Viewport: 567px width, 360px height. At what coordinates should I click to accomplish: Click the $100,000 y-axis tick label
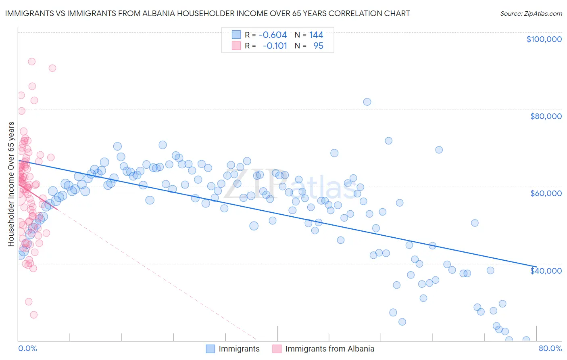544,39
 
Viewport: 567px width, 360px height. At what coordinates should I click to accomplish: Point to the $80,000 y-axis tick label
546,116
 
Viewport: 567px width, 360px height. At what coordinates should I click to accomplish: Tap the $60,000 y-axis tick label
546,193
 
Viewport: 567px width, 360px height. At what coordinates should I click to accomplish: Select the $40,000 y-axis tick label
546,271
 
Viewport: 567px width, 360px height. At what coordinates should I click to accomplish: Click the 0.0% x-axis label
28,348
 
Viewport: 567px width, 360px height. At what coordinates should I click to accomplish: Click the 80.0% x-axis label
550,348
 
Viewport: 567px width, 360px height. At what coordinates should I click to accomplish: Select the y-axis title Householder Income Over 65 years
11,184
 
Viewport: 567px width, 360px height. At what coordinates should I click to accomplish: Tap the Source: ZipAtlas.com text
531,14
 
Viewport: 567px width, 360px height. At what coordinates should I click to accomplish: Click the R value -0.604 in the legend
273,35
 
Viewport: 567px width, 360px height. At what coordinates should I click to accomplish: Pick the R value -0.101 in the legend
275,46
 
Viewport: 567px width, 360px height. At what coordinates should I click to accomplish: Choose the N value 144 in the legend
316,35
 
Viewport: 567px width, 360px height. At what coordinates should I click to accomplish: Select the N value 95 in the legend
318,46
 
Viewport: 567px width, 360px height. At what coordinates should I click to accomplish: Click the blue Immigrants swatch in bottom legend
211,349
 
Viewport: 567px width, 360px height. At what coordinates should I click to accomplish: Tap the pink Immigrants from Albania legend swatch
277,349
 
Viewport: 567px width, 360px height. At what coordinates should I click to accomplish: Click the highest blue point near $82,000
367,102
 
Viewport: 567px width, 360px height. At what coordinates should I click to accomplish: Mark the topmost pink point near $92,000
31,62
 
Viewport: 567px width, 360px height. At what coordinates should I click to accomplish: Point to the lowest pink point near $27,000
34,315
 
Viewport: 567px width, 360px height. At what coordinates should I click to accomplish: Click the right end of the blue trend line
536,267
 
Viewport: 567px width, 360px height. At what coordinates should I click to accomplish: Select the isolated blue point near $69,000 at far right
439,150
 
